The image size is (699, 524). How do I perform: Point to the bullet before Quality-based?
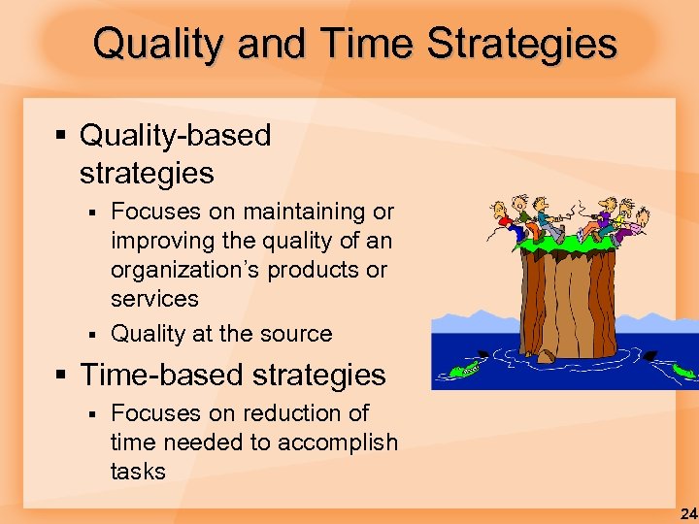coord(61,136)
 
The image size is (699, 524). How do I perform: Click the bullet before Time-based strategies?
coord(61,376)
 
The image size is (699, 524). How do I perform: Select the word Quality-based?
coord(176,136)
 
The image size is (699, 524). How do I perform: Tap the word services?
coord(154,299)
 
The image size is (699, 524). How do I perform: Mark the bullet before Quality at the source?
coord(92,334)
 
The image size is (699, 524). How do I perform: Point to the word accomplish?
coord(338,442)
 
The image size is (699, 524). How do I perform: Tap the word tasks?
coord(138,472)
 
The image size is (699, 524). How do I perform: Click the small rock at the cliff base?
coord(547,357)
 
